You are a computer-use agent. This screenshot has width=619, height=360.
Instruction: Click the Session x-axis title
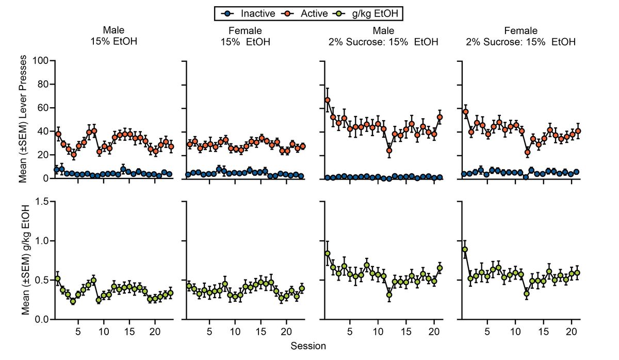pyautogui.click(x=308, y=346)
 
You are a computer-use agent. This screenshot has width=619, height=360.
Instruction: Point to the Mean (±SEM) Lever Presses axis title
pyautogui.click(x=23, y=120)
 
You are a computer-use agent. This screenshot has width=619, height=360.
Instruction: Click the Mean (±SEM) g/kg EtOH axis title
pyautogui.click(x=23, y=260)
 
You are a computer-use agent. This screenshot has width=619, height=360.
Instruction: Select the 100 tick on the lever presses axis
pyautogui.click(x=40, y=61)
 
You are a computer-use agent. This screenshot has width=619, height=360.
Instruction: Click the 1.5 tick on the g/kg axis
pyautogui.click(x=40, y=202)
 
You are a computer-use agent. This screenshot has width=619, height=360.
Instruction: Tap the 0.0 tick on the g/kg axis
pyautogui.click(x=40, y=320)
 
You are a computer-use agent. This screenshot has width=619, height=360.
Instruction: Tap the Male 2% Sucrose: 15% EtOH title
pyautogui.click(x=383, y=36)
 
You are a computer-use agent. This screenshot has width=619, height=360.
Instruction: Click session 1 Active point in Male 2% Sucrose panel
pyautogui.click(x=328, y=100)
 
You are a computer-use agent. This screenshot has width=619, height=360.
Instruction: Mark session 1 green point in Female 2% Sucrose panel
pyautogui.click(x=465, y=250)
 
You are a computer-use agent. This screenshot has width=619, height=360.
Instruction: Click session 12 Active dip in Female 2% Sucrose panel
pyautogui.click(x=527, y=152)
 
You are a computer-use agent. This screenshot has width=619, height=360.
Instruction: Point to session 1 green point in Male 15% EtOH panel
pyautogui.click(x=57, y=279)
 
